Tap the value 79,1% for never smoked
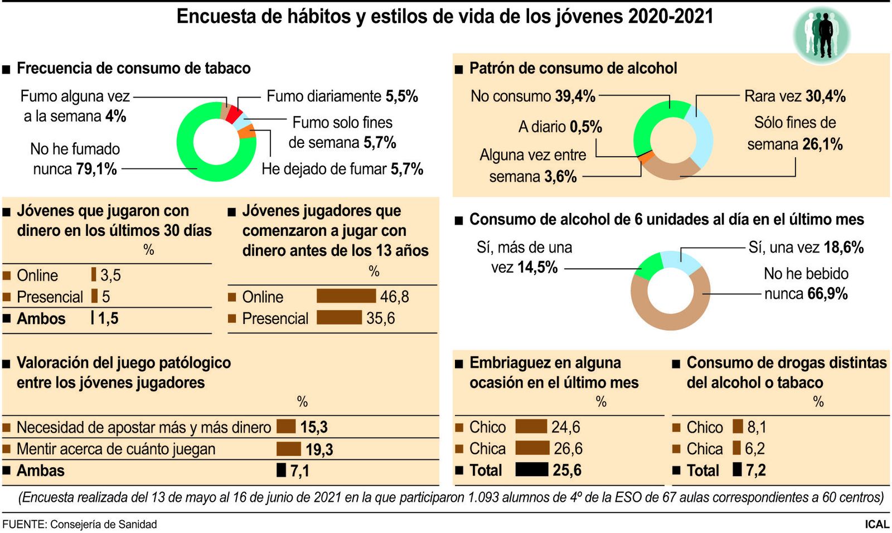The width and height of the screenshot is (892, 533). (96, 169)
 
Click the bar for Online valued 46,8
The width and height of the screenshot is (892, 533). (346, 296)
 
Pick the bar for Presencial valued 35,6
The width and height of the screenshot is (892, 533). (339, 318)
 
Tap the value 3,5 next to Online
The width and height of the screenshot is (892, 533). (110, 275)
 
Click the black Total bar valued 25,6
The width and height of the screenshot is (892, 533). (531, 470)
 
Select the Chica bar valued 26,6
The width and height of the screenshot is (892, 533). (532, 448)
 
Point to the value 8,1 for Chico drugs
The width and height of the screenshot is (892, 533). (757, 427)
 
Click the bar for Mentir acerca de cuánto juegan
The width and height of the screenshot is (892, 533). (288, 449)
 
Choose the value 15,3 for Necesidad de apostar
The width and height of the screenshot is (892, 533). (314, 427)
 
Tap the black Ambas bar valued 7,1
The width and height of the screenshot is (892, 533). (281, 471)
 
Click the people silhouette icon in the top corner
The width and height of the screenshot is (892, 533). (822, 35)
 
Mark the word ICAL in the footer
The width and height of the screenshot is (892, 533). (877, 524)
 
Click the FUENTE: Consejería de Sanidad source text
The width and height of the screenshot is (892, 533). (80, 524)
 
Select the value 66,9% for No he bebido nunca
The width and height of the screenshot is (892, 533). (827, 294)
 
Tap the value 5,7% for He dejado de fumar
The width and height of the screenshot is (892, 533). (406, 169)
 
